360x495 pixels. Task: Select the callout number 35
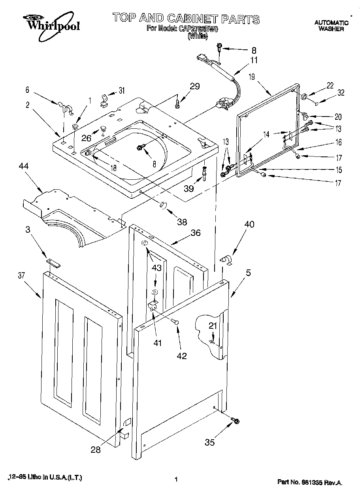pos(210,442)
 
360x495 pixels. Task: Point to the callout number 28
pos(95,449)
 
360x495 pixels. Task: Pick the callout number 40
pos(249,224)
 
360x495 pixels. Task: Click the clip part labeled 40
pos(226,260)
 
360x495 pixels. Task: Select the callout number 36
pos(195,233)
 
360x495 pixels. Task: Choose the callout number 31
pos(121,91)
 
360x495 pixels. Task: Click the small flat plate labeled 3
pos(51,261)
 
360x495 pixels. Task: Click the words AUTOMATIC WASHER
pos(331,26)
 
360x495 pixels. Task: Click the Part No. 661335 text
pos(309,482)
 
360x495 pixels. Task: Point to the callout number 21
pos(213,326)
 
